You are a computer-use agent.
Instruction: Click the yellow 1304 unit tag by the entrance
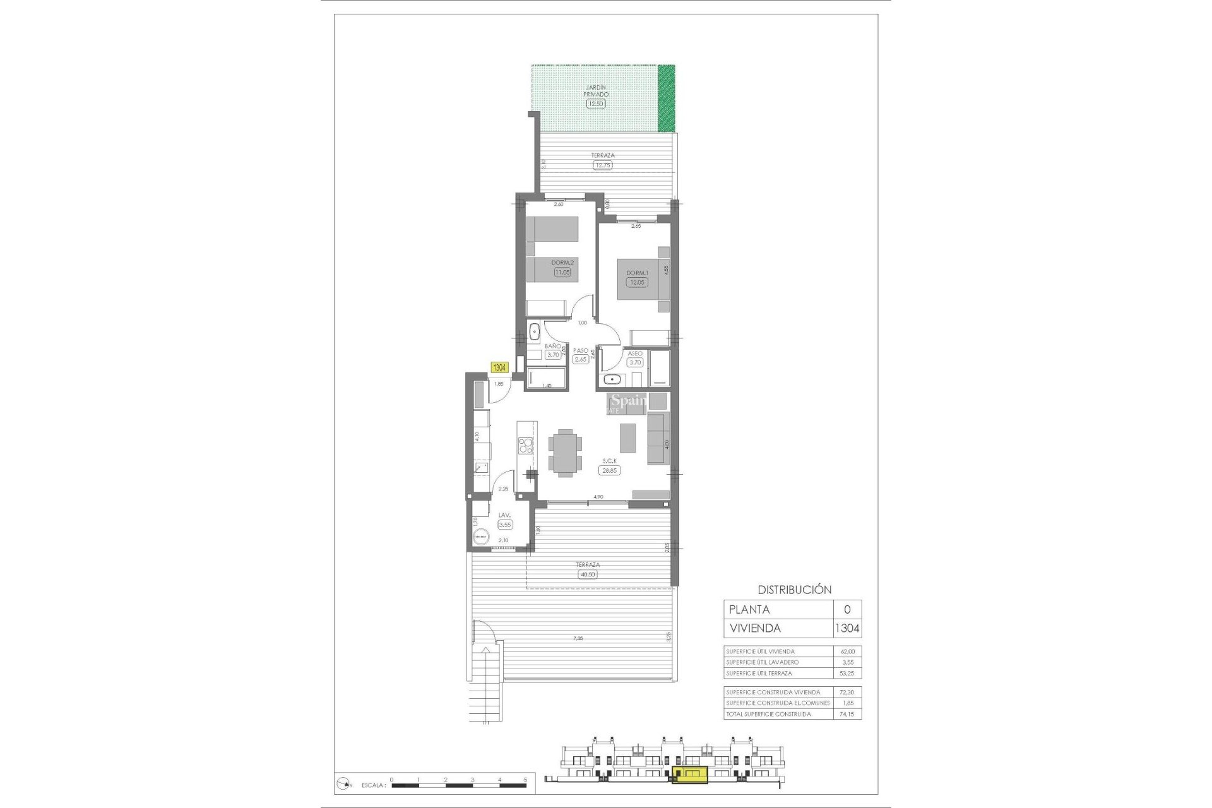point(499,367)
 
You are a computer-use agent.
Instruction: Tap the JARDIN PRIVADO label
point(596,90)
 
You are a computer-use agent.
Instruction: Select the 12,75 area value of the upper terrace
point(602,165)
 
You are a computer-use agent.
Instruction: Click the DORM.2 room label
point(562,263)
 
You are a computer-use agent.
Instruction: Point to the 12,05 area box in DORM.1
point(636,282)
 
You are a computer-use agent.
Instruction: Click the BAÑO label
point(552,346)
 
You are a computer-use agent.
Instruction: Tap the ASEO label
point(635,353)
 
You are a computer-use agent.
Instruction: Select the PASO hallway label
point(581,351)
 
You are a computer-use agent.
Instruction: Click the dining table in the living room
point(565,452)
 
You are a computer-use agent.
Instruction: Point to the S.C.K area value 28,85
point(609,470)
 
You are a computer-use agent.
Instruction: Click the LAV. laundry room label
point(504,516)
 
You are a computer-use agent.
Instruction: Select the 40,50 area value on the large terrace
point(587,574)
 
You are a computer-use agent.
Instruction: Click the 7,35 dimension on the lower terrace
point(578,639)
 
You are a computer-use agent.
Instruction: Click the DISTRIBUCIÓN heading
point(794,590)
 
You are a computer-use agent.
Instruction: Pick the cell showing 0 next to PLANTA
point(847,610)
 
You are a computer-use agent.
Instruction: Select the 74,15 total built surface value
point(847,714)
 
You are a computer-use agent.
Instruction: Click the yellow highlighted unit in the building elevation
point(690,775)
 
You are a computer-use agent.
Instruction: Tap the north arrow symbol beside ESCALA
point(345,784)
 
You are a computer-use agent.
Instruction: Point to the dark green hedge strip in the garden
point(666,98)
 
